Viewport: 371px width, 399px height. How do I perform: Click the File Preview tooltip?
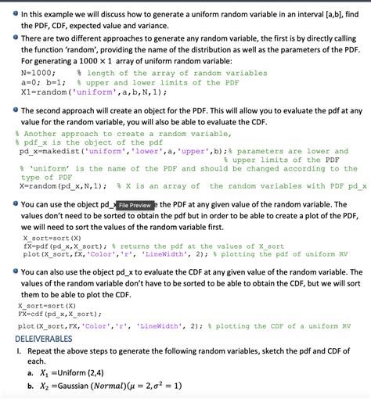135,205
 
